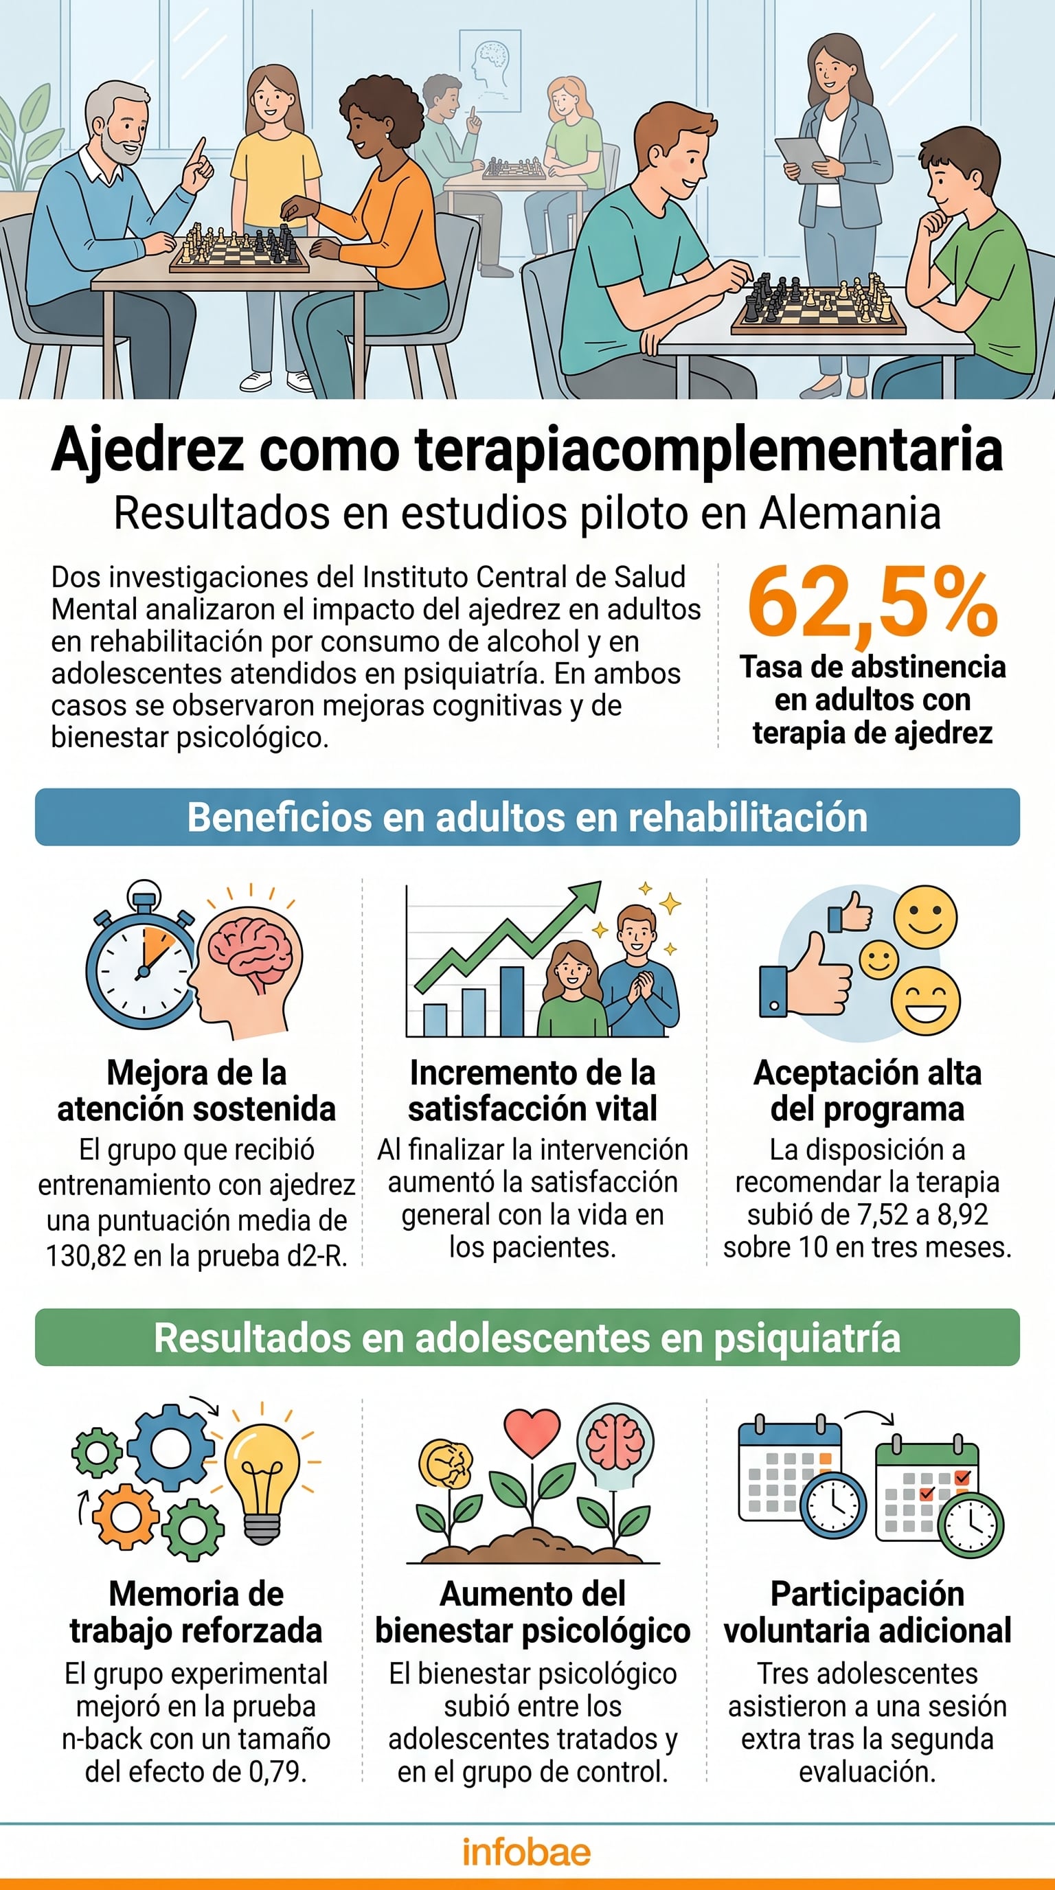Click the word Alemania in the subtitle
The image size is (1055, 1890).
click(x=850, y=513)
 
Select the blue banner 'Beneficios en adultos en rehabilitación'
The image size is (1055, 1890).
click(x=527, y=817)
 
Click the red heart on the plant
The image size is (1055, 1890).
click(x=532, y=1430)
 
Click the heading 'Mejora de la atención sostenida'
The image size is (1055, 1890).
click(x=196, y=1091)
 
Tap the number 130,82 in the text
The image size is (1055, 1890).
click(x=86, y=1256)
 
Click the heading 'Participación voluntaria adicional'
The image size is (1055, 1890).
click(x=867, y=1612)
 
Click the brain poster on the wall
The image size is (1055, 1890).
click(x=490, y=71)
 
